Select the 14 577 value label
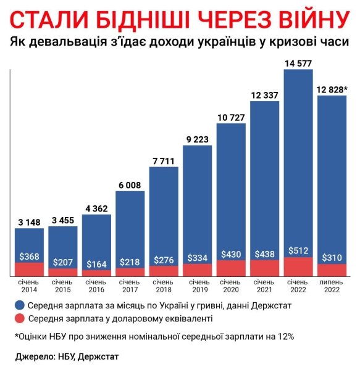[x=298, y=62]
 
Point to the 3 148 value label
[x=29, y=221]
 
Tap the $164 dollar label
[x=96, y=265]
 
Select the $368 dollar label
[x=29, y=257]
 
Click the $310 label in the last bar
[x=332, y=257]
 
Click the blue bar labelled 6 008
[x=130, y=222]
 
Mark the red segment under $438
[x=264, y=268]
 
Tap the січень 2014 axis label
[x=29, y=285]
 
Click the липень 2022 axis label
[x=332, y=285]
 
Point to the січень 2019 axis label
[x=197, y=285]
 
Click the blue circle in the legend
[x=20, y=304]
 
